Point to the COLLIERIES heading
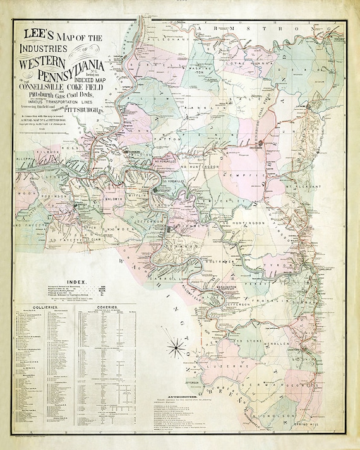[x=39, y=302]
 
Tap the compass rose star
[x=176, y=346]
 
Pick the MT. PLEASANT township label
[x=306, y=187]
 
